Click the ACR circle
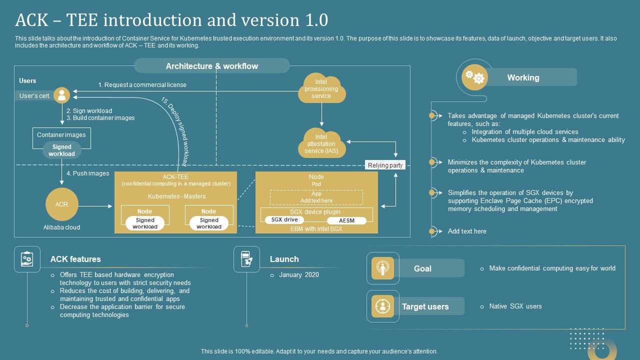pos(61,204)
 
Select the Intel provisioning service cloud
pos(321,89)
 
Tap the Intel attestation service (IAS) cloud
pos(321,143)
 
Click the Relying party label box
pos(384,165)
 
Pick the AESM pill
pos(346,220)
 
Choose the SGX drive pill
pos(284,220)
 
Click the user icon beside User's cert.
pos(62,95)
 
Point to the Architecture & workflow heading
pos(212,66)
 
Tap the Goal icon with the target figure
pos(383,268)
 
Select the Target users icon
pos(383,306)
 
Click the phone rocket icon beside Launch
pos(246,259)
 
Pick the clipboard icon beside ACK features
pos(27,259)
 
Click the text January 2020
pos(298,275)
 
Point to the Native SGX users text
pos(515,306)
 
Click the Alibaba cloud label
pos(61,227)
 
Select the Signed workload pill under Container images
pos(61,150)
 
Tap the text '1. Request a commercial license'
pos(142,85)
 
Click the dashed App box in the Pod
pos(316,197)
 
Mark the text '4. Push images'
pos(87,173)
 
